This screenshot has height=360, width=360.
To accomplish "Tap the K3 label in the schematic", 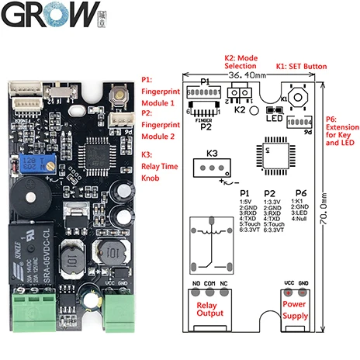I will (x=213, y=152).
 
